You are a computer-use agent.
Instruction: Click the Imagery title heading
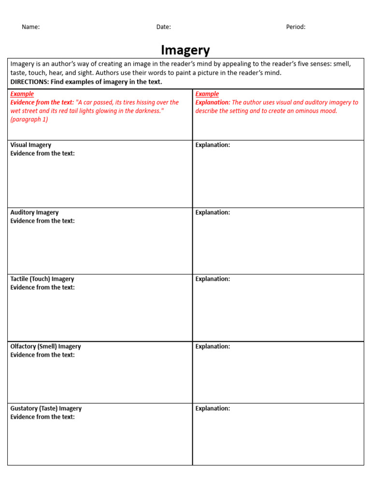click(185, 50)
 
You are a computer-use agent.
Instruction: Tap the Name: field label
click(30, 27)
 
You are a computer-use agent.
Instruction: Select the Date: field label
click(163, 27)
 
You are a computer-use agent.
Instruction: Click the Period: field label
click(296, 27)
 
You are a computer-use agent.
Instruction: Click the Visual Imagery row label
click(30, 145)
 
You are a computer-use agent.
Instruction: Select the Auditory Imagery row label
click(34, 212)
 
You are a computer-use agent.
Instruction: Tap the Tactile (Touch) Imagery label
click(42, 279)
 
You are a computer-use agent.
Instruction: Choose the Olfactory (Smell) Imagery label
click(45, 346)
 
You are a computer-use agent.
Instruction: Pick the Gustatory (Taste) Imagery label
click(46, 408)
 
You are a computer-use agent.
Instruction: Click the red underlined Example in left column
click(22, 94)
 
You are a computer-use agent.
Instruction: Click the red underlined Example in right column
click(207, 94)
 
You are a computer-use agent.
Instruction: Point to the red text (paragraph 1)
click(29, 119)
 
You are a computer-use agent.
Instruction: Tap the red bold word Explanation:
click(213, 102)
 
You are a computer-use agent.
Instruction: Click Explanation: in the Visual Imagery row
click(213, 145)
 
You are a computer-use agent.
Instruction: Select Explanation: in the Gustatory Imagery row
click(213, 408)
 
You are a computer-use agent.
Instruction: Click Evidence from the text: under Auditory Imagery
click(43, 221)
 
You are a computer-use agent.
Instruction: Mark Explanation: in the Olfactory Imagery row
click(213, 346)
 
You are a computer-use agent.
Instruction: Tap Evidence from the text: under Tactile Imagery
click(43, 287)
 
